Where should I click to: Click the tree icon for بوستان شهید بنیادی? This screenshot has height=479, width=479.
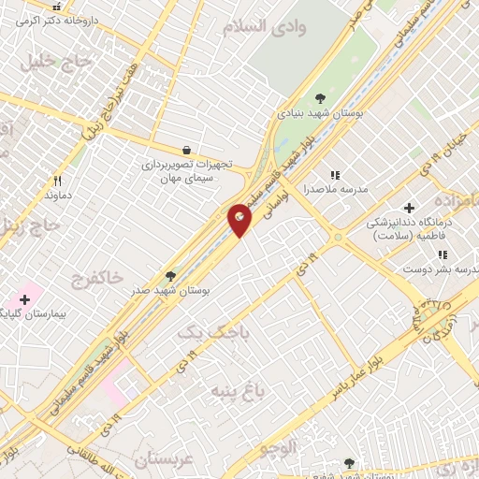point(321,97)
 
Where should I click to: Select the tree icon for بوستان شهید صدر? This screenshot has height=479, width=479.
point(170,276)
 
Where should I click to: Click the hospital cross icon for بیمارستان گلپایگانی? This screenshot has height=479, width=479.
point(24,298)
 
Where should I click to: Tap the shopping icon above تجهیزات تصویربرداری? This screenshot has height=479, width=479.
point(186,149)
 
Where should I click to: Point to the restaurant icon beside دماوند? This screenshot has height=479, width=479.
point(57,181)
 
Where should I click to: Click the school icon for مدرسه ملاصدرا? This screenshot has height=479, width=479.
point(335,174)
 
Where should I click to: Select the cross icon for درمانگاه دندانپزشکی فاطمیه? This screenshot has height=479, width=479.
point(408,208)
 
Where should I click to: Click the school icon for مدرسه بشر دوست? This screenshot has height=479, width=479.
point(442,254)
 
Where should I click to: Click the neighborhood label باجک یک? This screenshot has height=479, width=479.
point(203,333)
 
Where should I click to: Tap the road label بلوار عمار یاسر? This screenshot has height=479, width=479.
point(369,369)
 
